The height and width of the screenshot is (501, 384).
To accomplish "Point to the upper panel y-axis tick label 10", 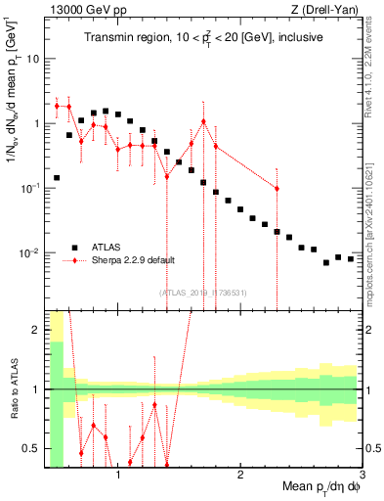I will (x=31, y=59).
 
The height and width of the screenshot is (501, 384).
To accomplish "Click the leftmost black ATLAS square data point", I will (x=57, y=178).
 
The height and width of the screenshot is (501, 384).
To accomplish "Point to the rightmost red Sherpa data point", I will (x=277, y=189).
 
